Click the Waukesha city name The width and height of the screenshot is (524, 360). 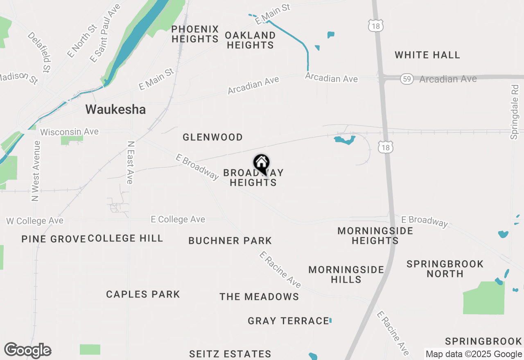pos(115,110)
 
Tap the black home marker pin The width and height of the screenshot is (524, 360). pos(261,164)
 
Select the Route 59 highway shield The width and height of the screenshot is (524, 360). pos(407,79)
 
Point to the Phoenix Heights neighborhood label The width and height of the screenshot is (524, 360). pos(195,34)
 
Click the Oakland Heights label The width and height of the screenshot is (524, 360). pos(250,40)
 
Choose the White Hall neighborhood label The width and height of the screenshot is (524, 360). pos(427,55)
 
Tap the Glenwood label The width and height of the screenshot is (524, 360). pos(212,137)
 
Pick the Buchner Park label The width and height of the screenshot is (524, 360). pos(230,241)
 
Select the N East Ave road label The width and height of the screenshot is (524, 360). pos(131,162)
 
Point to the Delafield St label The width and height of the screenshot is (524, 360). pos(41,51)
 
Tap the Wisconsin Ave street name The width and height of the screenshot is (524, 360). pos(70,132)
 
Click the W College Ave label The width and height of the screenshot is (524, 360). pos(35,221)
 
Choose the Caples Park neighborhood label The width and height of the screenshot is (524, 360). pos(143,294)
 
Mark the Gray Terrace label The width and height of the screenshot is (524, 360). pos(288,321)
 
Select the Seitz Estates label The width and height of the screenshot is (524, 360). pos(230,354)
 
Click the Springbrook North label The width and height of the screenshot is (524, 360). pos(445,269)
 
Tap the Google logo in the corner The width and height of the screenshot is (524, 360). pos(27,351)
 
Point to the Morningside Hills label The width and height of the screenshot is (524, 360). pos(346,274)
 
